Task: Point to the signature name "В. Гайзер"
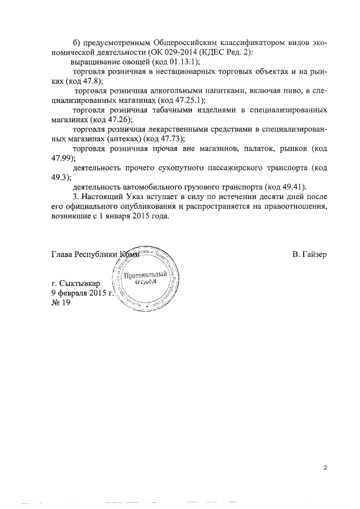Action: coord(309,254)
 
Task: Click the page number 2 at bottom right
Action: coord(325,467)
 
